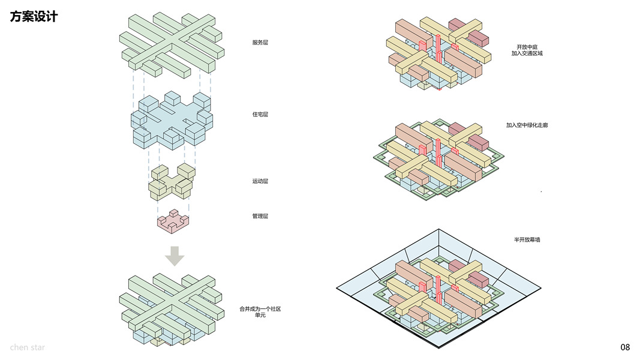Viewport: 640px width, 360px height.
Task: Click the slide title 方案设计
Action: (34, 17)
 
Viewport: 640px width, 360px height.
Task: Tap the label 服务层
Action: (260, 43)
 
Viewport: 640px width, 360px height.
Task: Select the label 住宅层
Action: (260, 114)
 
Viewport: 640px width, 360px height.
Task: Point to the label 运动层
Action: (260, 181)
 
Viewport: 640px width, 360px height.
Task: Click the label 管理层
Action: (260, 216)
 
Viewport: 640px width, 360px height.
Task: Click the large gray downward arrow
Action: (175, 256)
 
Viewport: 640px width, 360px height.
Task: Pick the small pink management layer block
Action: (172, 223)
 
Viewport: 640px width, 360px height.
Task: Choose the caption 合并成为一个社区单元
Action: (260, 312)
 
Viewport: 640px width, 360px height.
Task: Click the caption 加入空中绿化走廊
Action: (527, 125)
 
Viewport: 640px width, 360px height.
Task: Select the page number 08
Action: (625, 347)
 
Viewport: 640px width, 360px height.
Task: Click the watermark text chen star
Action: (27, 347)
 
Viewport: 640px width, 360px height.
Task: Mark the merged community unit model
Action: (172, 309)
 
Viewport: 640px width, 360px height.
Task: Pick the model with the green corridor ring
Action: (438, 159)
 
